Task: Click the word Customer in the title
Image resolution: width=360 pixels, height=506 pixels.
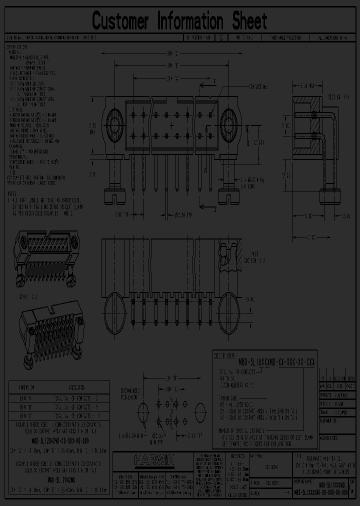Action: pos(120,21)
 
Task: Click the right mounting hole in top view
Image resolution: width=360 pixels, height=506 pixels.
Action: pos(231,122)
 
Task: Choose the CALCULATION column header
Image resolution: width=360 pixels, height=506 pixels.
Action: pos(76,387)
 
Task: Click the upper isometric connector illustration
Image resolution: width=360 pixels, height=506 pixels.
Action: pos(47,259)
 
